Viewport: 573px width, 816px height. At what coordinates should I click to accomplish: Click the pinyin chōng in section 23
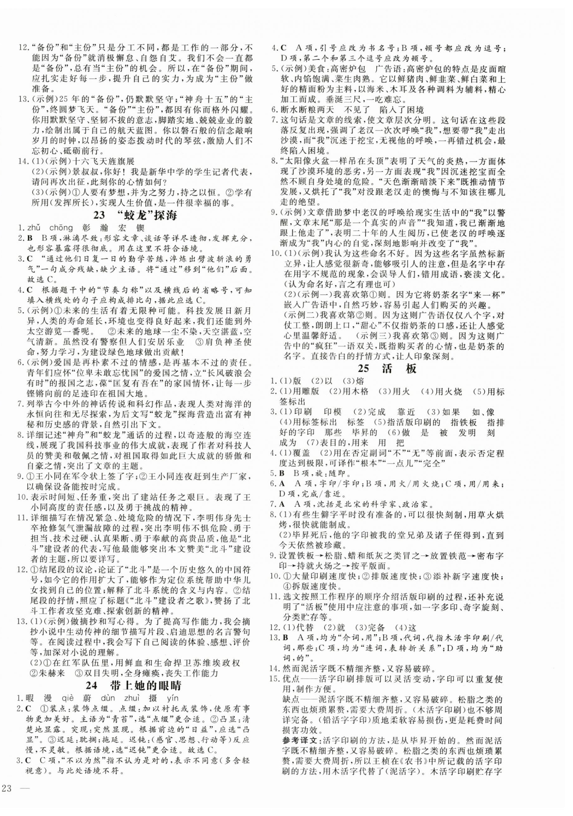[x=61, y=228]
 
